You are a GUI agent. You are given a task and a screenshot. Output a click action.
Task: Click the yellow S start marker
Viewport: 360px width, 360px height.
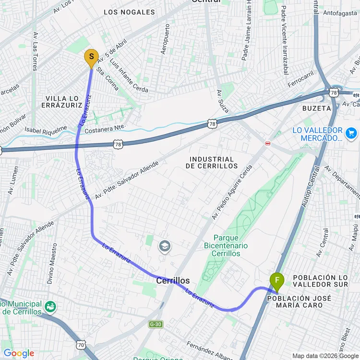click(x=91, y=58)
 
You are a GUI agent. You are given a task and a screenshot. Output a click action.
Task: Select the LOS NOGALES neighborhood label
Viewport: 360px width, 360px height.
click(x=129, y=12)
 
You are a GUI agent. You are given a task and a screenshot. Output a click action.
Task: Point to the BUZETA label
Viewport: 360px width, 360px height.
click(x=317, y=108)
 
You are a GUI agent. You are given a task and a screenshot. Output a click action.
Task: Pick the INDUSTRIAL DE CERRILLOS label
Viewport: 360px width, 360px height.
click(x=212, y=162)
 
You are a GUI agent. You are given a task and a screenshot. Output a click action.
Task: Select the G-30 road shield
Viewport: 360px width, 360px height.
click(x=155, y=324)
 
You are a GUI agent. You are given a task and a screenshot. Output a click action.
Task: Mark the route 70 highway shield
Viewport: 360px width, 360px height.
click(x=81, y=344)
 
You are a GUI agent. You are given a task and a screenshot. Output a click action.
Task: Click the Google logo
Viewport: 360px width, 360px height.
click(x=19, y=354)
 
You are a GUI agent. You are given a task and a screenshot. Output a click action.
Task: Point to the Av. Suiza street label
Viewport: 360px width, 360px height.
click(x=222, y=101)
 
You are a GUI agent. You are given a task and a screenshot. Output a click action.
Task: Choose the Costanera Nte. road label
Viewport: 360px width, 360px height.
click(x=105, y=129)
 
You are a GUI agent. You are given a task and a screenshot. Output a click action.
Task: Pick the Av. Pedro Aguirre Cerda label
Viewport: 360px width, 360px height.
click(x=232, y=192)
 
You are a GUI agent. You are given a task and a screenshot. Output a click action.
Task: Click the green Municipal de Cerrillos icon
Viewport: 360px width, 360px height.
click(x=49, y=306)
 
